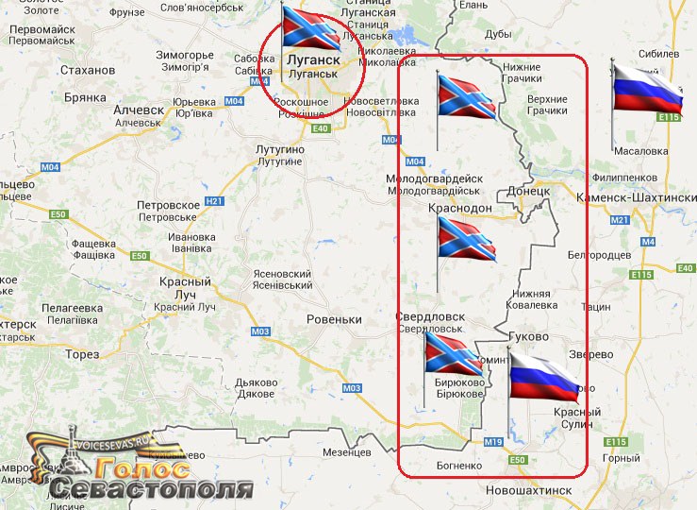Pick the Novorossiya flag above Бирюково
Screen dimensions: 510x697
click(x=454, y=351)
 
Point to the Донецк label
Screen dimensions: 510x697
click(x=528, y=191)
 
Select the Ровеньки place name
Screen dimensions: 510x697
click(x=334, y=319)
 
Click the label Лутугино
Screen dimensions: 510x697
click(x=278, y=150)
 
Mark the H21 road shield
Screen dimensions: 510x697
click(x=214, y=200)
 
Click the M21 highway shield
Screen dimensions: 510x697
click(x=619, y=220)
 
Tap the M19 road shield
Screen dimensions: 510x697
click(x=493, y=442)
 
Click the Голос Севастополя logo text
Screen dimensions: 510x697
click(x=151, y=481)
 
